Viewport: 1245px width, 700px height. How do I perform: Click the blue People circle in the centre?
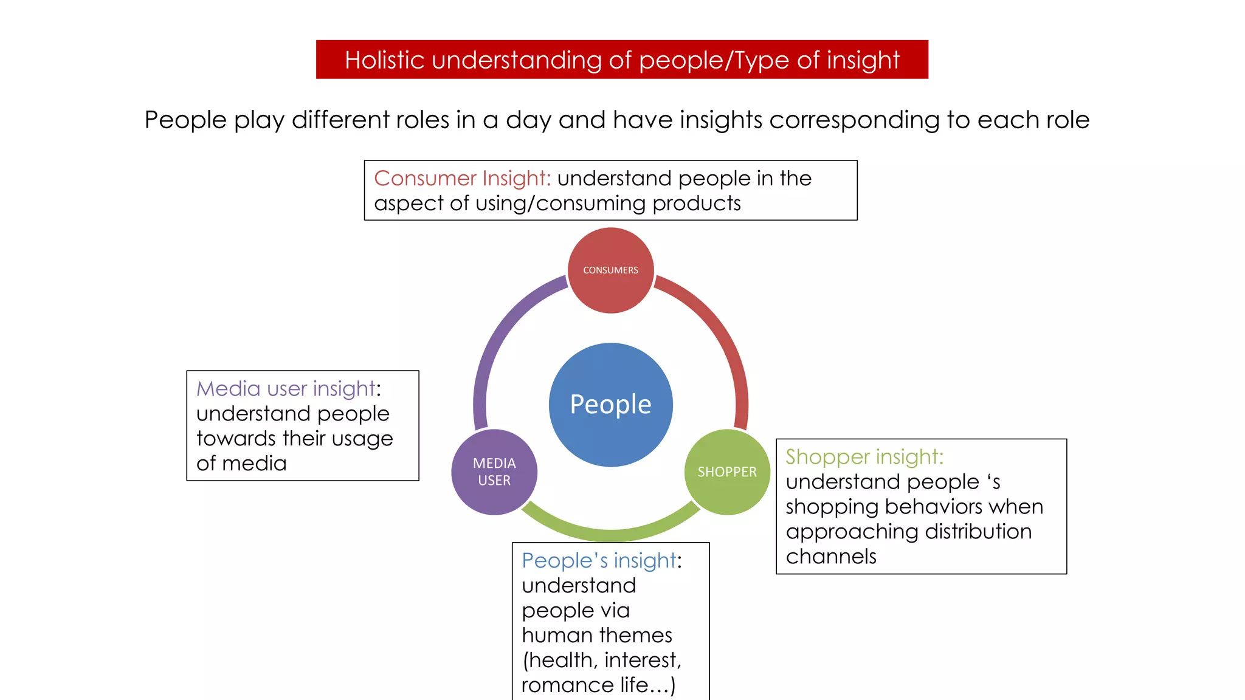(610, 405)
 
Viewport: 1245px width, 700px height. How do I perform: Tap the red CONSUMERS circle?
(610, 270)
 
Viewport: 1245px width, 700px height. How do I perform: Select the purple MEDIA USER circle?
(494, 472)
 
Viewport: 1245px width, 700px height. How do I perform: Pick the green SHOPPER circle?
(727, 472)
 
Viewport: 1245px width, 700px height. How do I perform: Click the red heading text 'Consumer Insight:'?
(463, 179)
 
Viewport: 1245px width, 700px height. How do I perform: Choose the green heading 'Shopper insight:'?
(864, 457)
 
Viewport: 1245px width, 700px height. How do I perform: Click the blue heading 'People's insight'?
(599, 561)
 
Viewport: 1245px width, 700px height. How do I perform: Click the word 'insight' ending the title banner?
(863, 60)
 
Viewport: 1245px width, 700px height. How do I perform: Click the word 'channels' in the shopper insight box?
(831, 557)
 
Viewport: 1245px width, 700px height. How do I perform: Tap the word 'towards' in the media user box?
(236, 439)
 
